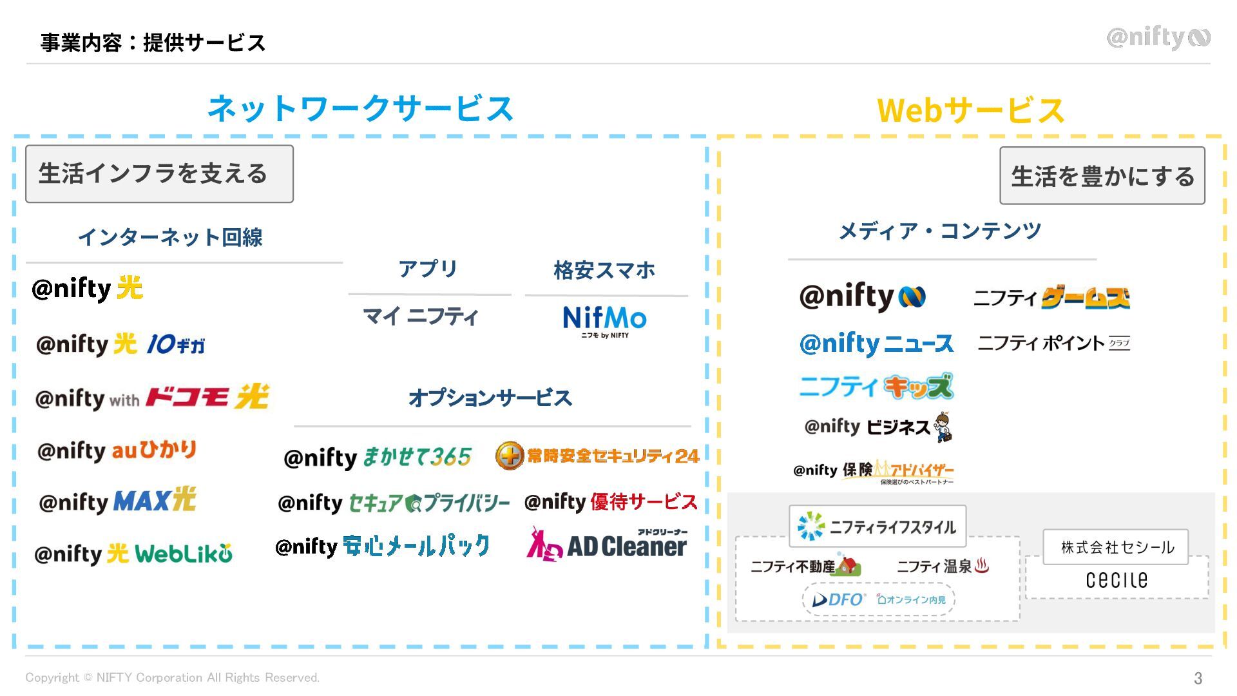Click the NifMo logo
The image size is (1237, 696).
tap(604, 320)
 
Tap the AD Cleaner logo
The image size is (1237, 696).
tap(608, 545)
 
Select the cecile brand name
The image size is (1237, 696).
tap(1117, 580)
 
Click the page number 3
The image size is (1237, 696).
tap(1198, 678)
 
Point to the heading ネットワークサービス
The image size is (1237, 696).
tap(360, 108)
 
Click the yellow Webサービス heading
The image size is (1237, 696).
tap(970, 110)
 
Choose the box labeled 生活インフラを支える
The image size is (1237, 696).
tap(159, 174)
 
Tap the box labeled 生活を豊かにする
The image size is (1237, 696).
tap(1102, 176)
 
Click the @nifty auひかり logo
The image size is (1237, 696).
tap(117, 450)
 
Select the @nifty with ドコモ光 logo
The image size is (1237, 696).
tap(152, 398)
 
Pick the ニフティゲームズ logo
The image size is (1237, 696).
tap(1051, 298)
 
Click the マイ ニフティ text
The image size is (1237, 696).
tap(420, 316)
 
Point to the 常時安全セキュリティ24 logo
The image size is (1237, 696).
tap(597, 456)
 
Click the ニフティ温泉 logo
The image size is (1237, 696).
tap(943, 566)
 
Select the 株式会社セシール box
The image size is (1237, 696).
tap(1116, 547)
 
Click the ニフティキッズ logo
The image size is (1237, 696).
tap(876, 387)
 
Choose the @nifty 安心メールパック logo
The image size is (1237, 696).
tap(382, 546)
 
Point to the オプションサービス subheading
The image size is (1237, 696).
tap(490, 398)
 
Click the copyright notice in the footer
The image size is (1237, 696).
tap(172, 678)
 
